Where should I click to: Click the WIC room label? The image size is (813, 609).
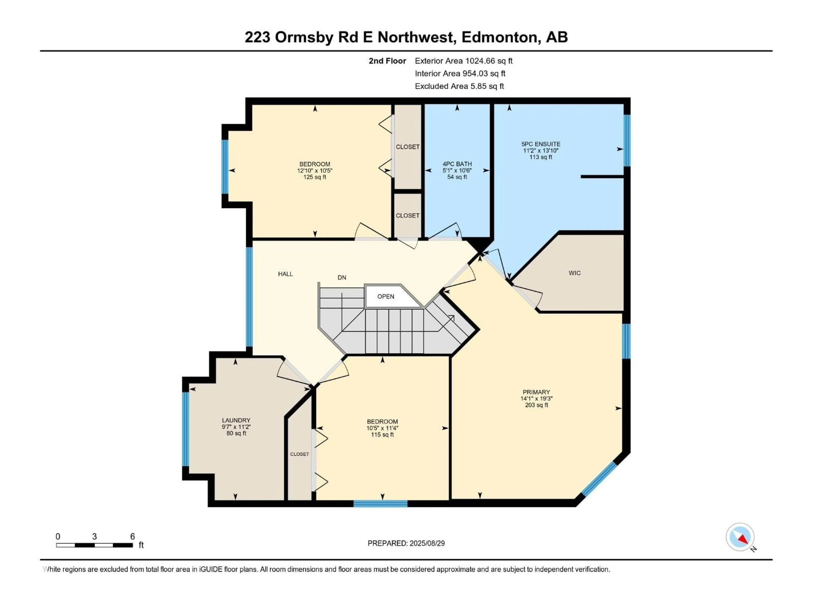[574, 273]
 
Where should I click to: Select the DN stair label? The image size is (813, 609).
[342, 277]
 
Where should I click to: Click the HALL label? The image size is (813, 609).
[285, 274]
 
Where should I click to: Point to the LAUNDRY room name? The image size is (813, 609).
[236, 420]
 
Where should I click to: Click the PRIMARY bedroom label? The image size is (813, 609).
[536, 392]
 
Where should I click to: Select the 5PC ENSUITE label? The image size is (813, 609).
[541, 144]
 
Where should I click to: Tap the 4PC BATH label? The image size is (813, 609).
[457, 164]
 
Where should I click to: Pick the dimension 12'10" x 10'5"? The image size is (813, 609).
[315, 171]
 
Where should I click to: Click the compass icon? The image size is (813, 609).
[740, 537]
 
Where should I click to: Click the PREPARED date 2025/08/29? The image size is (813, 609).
[406, 543]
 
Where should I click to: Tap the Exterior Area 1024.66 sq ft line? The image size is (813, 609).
[463, 61]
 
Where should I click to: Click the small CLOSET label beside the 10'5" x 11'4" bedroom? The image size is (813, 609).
[300, 454]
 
